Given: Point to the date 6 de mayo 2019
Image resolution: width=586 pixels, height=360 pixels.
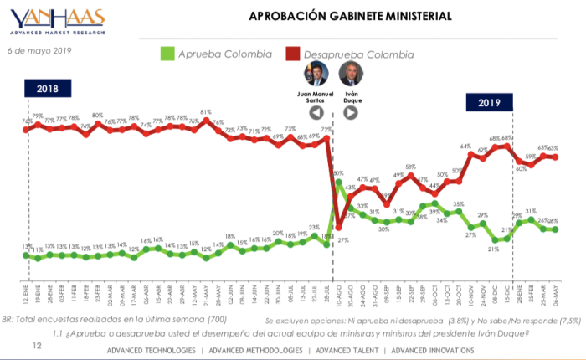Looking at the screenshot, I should [39, 51].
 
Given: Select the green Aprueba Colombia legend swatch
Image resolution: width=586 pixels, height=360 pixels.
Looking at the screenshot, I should [167, 54].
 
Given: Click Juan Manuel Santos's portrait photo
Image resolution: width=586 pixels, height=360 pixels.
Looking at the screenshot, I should [316, 74].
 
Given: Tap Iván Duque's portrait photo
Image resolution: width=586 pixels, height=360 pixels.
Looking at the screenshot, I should [350, 74].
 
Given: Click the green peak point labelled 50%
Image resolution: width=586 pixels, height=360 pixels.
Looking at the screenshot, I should [338, 182].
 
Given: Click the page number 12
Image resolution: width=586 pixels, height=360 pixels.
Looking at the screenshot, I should [36, 345].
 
